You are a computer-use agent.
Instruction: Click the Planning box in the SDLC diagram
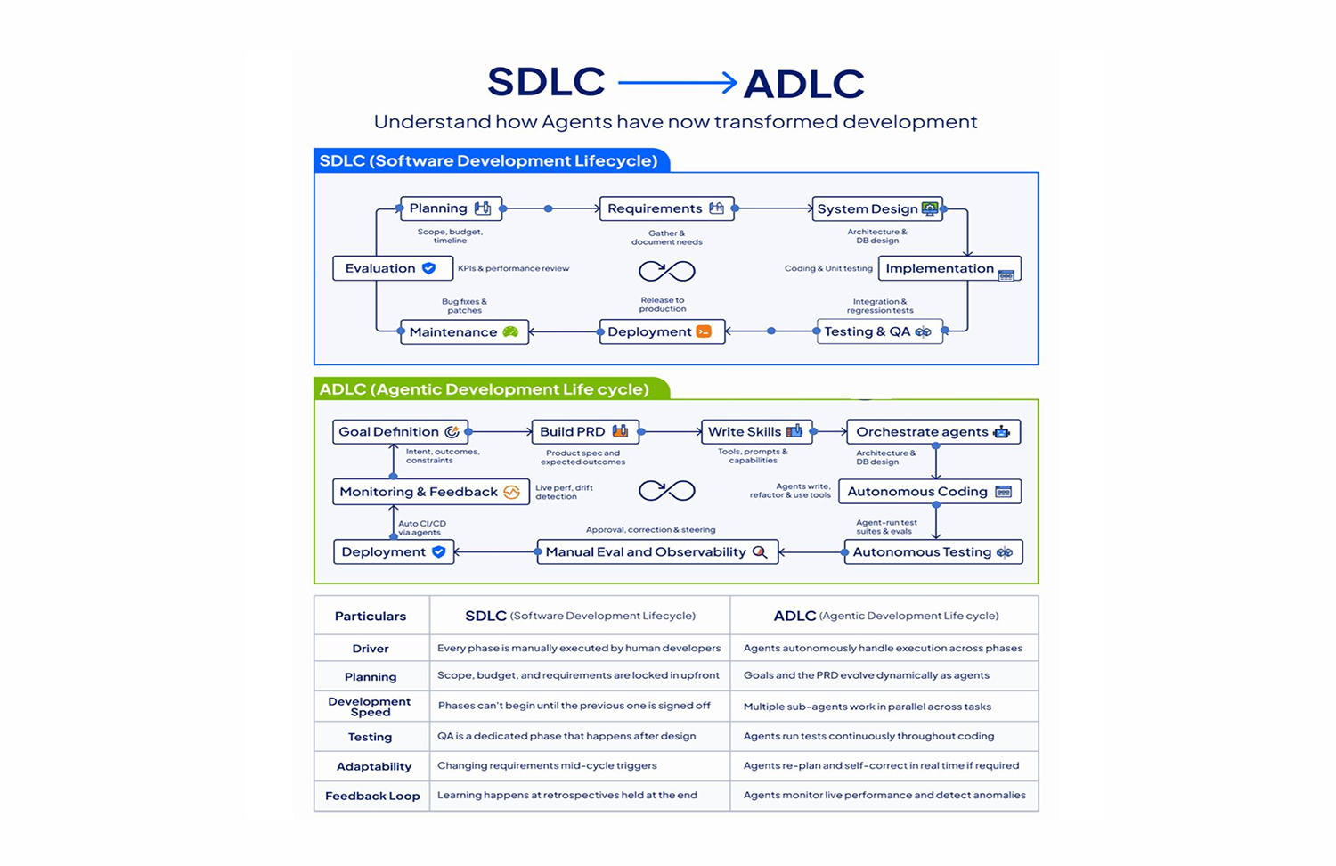coord(451,208)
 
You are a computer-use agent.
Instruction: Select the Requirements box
coord(666,208)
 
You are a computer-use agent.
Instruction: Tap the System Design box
coord(876,208)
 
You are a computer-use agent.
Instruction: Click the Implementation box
coord(949,268)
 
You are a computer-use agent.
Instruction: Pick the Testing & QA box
coord(878,331)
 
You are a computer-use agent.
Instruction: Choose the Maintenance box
coord(463,331)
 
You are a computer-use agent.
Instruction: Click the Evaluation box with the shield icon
coord(392,268)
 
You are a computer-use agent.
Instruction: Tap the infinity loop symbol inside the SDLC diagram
coord(667,271)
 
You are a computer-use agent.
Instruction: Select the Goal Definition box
coord(400,432)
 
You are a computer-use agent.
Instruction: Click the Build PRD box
coord(584,432)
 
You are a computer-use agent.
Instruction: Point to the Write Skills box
coord(755,432)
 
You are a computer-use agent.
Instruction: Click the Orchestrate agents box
coord(933,432)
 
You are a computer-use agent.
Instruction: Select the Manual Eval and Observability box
coord(656,552)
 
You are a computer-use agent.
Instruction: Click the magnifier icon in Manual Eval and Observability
coord(760,552)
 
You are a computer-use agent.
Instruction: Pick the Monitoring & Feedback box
coord(430,492)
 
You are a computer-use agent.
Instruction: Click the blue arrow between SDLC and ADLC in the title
coord(677,83)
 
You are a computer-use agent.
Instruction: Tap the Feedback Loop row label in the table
coord(372,796)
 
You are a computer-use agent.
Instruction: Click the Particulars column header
coord(371,616)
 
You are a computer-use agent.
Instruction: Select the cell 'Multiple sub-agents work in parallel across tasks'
coord(867,707)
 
